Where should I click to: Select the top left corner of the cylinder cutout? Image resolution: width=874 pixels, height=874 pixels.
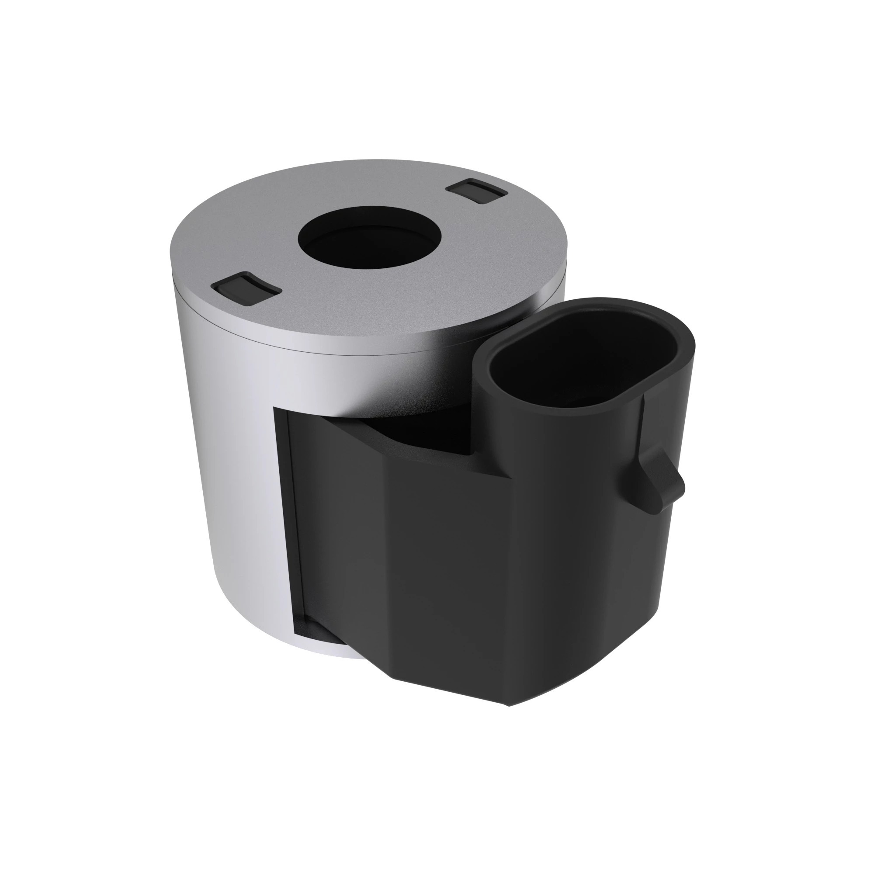pyautogui.click(x=275, y=408)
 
